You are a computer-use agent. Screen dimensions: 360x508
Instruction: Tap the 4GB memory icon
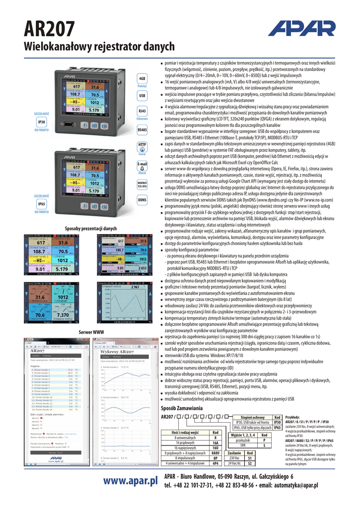(142, 79)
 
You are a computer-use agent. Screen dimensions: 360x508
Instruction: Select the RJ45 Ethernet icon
(142, 112)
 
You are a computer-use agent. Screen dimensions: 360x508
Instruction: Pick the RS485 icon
(142, 129)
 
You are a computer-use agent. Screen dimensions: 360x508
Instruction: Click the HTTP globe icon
(142, 146)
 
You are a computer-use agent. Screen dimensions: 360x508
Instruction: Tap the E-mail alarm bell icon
(142, 166)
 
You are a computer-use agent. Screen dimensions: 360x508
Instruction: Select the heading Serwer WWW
(91, 331)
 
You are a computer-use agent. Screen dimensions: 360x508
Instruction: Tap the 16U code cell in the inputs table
(215, 448)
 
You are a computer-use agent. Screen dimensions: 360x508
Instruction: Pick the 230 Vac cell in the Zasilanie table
(234, 458)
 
